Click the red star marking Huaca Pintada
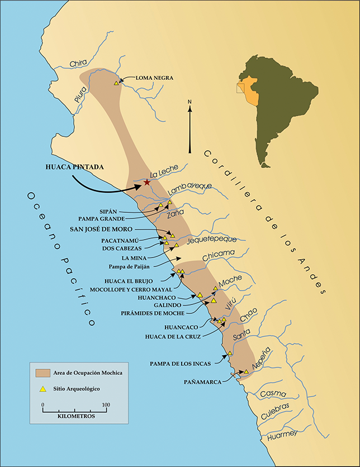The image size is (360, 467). coord(147,183)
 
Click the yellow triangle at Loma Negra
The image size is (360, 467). coord(116,83)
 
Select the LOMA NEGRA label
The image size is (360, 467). coord(154,78)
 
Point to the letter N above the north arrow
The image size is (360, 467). coord(190,102)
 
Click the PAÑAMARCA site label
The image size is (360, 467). coord(202,381)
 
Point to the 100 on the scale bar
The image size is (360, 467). coord(106,404)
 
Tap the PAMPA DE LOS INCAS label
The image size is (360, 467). coord(180,364)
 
